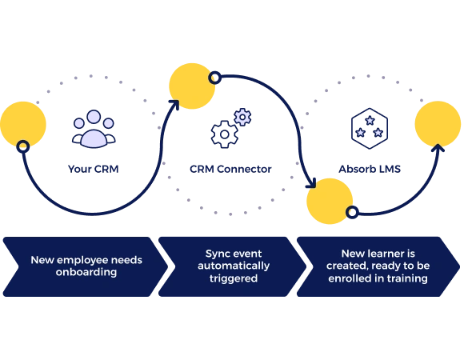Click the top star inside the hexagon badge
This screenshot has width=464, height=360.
(369, 121)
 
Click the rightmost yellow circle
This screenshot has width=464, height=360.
(438, 124)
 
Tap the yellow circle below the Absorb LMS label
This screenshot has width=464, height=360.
(330, 200)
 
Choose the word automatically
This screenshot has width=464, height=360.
(233, 266)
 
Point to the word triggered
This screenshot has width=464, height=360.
(233, 279)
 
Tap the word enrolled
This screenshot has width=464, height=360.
(351, 278)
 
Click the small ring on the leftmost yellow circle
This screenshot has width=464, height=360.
(23, 146)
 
